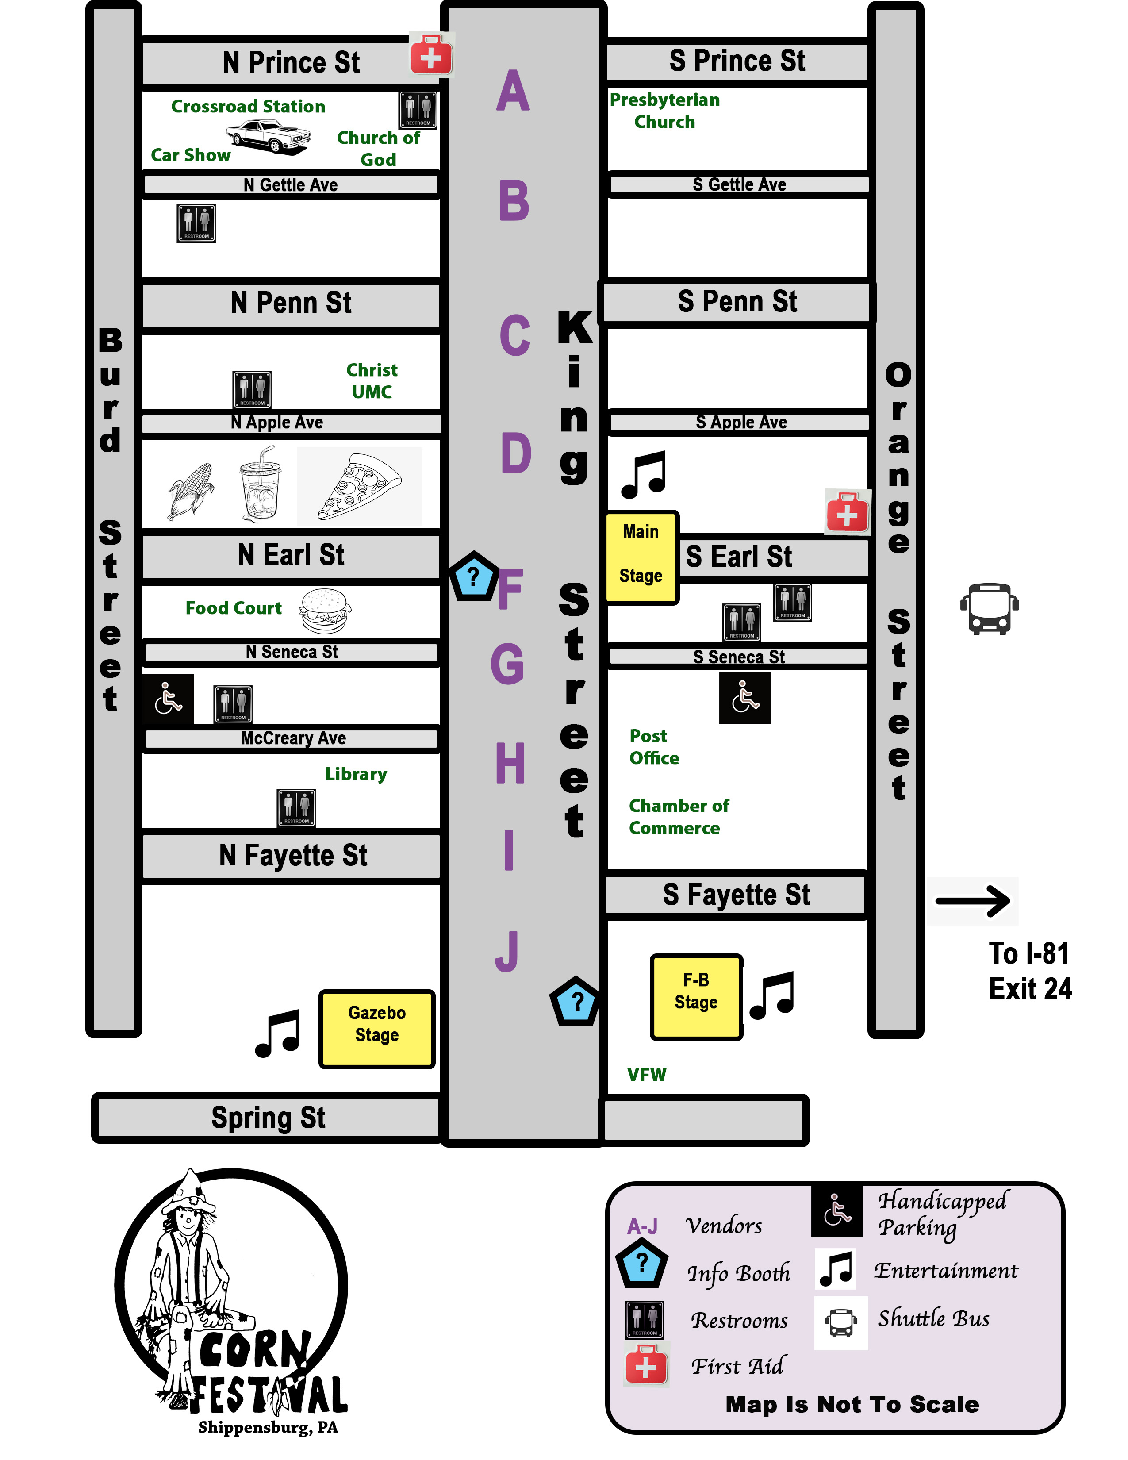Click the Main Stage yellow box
641,557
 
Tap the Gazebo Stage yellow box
377,1028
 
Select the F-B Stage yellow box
696,996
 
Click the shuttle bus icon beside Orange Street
989,608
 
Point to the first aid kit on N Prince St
431,55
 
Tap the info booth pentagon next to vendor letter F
473,576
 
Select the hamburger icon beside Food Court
325,611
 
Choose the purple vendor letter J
507,951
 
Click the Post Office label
653,747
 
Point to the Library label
356,774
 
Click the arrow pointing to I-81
973,901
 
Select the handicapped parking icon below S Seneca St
744,698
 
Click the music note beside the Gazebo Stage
278,1033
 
